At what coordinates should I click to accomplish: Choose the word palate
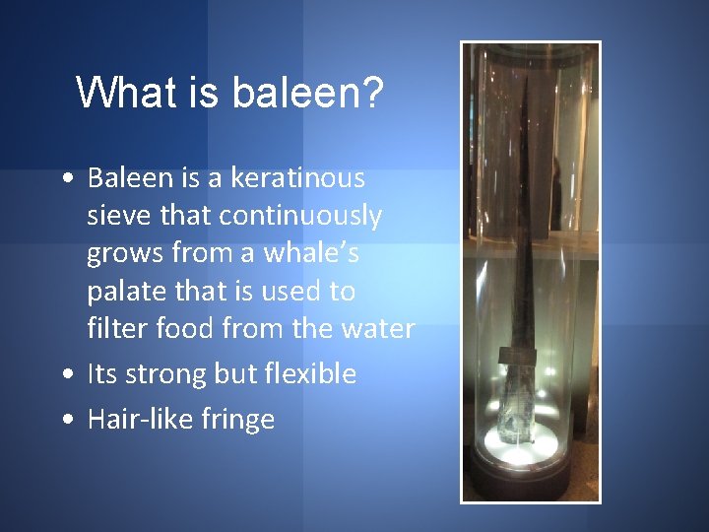pos(122,292)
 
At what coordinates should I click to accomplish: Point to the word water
pos(374,328)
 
